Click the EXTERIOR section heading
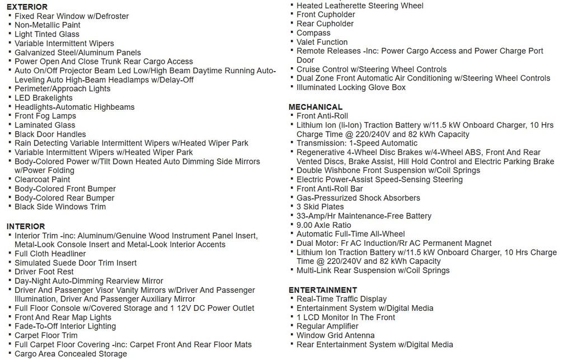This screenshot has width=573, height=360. click(x=27, y=7)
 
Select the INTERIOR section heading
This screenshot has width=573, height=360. click(x=26, y=226)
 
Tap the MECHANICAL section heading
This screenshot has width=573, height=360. click(x=316, y=107)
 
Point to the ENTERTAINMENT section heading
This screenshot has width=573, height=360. click(x=323, y=290)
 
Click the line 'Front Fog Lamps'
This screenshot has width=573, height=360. click(x=45, y=116)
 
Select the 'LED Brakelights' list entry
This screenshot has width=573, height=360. click(x=44, y=98)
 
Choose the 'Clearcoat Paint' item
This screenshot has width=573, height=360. click(x=43, y=180)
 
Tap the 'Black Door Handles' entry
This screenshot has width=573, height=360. click(x=50, y=134)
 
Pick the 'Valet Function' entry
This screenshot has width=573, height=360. click(x=322, y=42)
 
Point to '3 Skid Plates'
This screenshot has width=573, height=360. click(x=320, y=207)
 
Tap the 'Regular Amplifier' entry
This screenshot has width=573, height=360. click(x=327, y=326)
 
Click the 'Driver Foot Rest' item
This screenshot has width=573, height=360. click(x=44, y=272)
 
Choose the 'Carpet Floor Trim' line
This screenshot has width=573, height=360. click(x=46, y=335)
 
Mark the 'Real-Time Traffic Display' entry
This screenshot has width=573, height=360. click(x=341, y=299)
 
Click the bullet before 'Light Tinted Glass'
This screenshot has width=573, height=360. click(x=10, y=34)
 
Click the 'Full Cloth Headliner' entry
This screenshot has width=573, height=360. click(x=50, y=254)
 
